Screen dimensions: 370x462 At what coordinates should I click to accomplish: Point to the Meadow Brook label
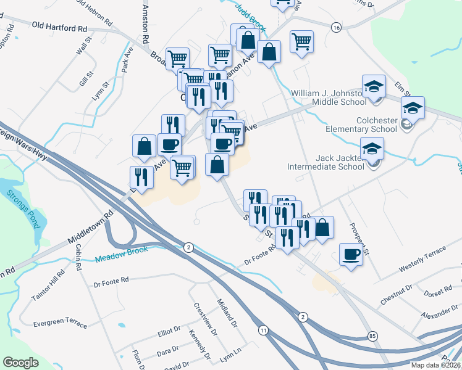(x=122, y=255)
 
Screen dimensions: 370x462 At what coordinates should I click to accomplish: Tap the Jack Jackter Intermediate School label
(x=325, y=162)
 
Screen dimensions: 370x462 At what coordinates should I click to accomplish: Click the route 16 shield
(x=336, y=28)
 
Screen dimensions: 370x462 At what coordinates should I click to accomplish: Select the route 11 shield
(x=264, y=330)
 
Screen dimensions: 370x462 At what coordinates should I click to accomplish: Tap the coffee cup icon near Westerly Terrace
(x=351, y=254)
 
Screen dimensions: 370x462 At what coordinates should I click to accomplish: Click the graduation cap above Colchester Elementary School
(x=413, y=108)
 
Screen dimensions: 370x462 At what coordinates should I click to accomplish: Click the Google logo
(x=20, y=362)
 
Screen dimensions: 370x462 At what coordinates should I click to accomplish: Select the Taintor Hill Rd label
(x=47, y=287)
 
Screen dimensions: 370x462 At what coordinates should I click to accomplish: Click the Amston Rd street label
(x=146, y=25)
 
